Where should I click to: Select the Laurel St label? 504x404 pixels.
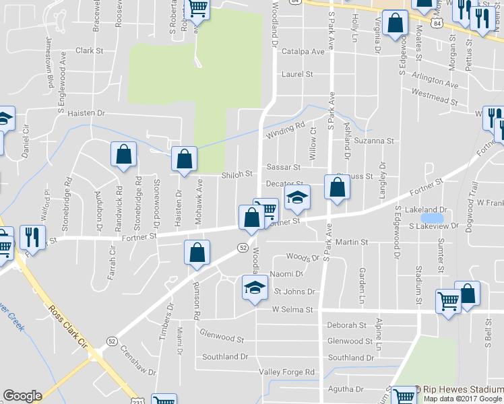click(298, 74)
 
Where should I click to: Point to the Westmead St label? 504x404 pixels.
click(434, 96)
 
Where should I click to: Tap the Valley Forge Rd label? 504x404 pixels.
click(287, 372)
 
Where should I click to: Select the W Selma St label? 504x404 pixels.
click(293, 310)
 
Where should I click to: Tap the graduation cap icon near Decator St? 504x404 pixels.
click(296, 197)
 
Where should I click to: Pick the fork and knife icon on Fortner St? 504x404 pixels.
click(32, 236)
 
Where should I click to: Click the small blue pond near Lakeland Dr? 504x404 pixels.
click(432, 218)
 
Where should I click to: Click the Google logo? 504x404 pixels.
click(22, 396)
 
